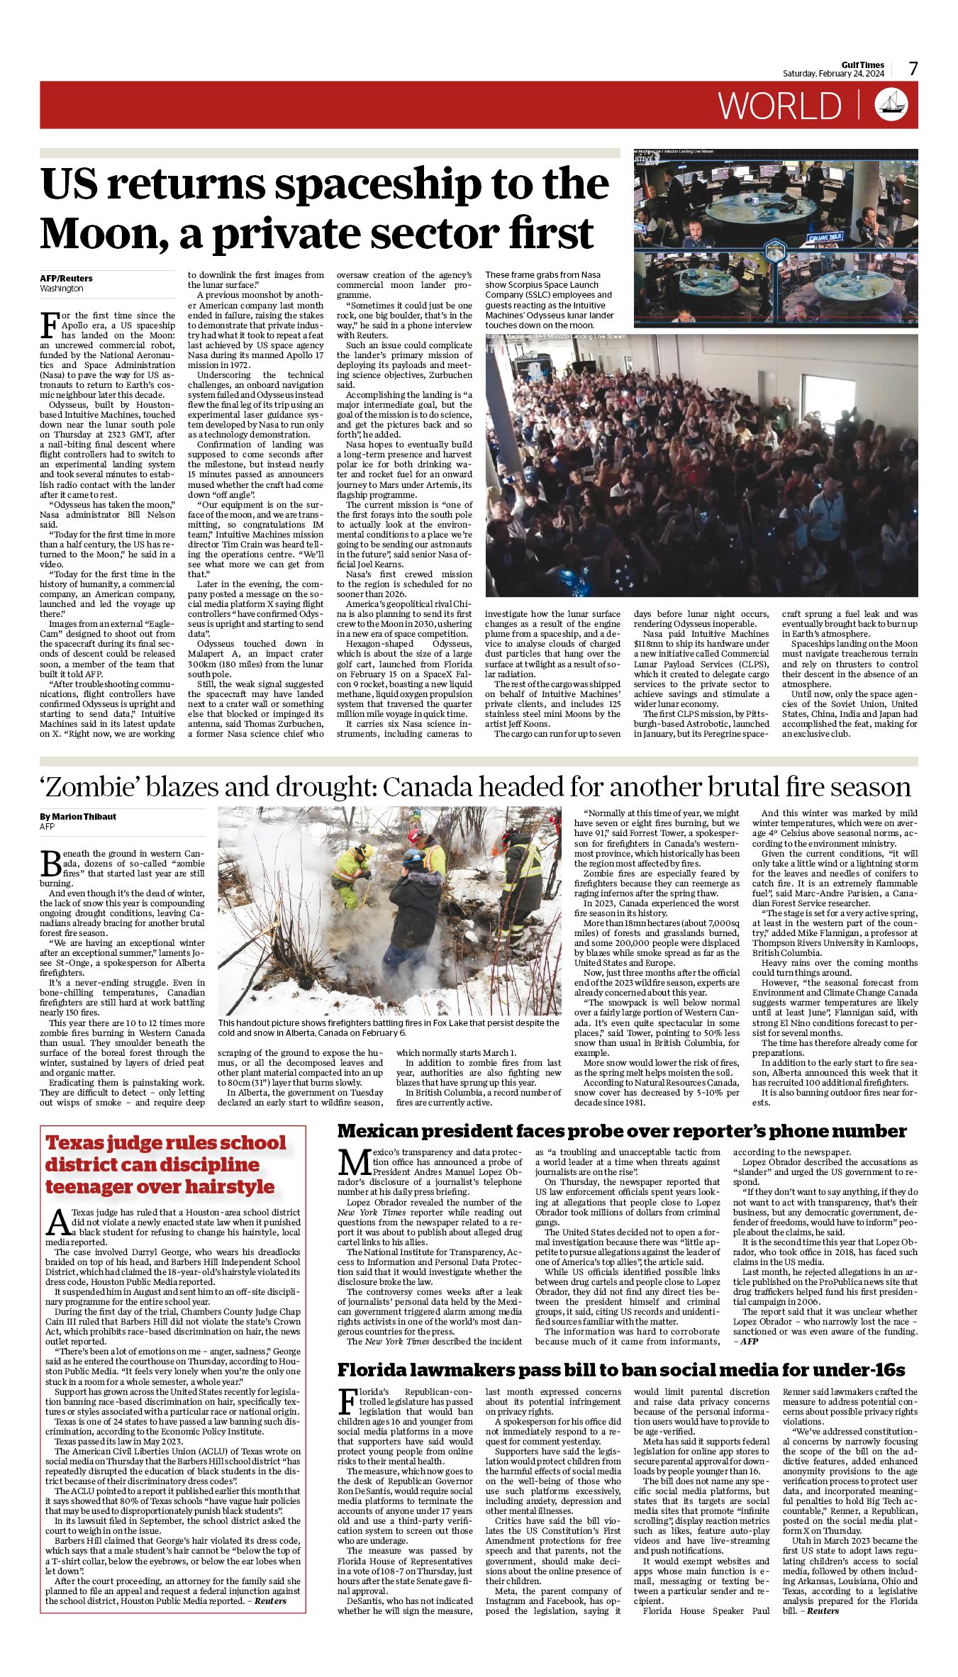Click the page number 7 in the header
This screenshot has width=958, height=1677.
[x=913, y=69]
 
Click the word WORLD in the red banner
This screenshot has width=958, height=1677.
[x=780, y=106]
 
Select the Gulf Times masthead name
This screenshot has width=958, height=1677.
[x=863, y=65]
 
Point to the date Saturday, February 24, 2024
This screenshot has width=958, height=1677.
[x=833, y=74]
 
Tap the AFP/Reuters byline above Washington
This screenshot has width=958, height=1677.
[x=66, y=279]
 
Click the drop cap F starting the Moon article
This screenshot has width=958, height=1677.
[x=49, y=324]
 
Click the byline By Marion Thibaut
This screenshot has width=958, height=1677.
[x=78, y=816]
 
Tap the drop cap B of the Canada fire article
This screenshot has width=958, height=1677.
[x=51, y=864]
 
